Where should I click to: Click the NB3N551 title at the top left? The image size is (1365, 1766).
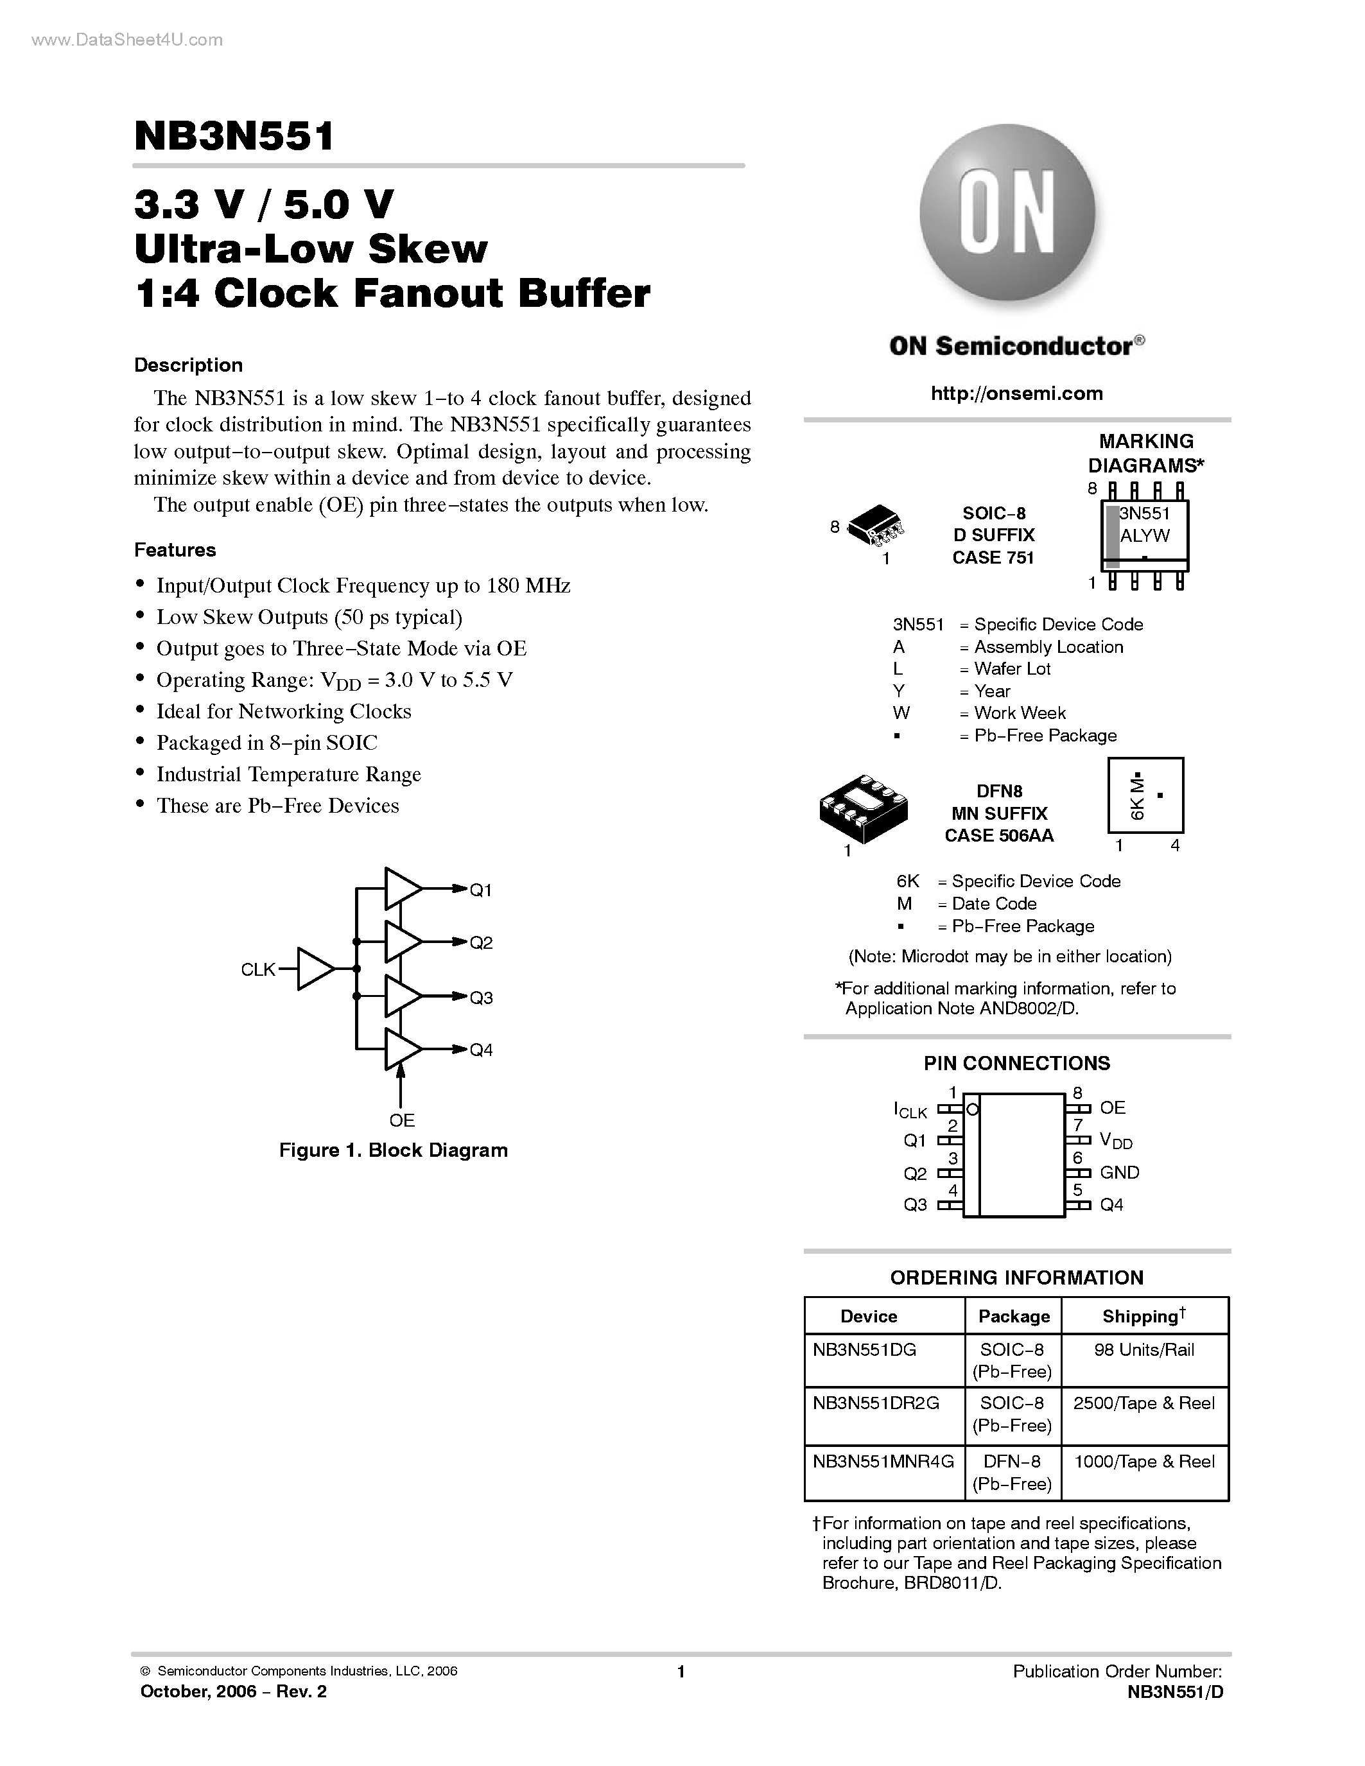tap(234, 136)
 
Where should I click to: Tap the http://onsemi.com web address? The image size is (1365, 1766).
tap(1016, 393)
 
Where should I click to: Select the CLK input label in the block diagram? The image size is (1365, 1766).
tap(258, 969)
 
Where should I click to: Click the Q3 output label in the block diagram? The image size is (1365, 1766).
tap(481, 998)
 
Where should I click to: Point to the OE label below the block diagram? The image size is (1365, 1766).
tap(402, 1120)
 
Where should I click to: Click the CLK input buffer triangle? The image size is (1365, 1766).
tap(314, 969)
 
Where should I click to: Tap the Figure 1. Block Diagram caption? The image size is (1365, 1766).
tap(393, 1150)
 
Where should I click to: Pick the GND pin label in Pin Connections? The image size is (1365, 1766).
tap(1119, 1172)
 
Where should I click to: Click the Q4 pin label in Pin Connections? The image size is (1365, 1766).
tap(1111, 1205)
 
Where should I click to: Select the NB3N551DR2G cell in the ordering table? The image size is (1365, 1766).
tap(876, 1403)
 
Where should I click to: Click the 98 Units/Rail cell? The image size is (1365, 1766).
tap(1143, 1349)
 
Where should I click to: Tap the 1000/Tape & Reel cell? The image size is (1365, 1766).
tap(1143, 1461)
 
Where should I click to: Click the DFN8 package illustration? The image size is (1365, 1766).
tap(863, 809)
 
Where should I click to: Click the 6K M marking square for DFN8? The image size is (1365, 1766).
tap(1145, 795)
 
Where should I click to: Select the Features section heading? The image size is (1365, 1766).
tap(175, 550)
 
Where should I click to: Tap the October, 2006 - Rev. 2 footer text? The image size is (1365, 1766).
tap(234, 1692)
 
